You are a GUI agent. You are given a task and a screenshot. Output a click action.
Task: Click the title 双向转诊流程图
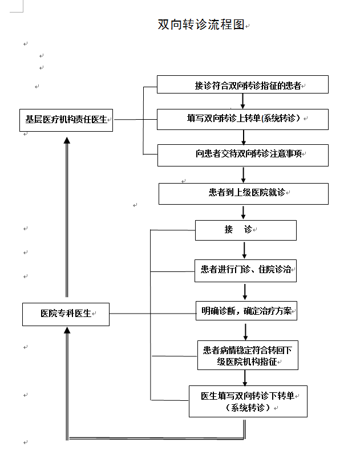[201, 25]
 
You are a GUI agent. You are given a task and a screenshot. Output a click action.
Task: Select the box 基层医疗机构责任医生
[66, 120]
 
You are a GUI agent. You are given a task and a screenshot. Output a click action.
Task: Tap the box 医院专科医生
[66, 314]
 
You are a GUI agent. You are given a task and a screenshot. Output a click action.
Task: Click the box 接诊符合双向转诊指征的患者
[242, 85]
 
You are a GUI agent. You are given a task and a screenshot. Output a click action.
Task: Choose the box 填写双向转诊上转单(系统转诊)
[243, 119]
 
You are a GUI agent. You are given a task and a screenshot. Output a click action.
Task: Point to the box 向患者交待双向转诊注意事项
[243, 155]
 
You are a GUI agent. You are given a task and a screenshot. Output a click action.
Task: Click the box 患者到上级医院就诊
[243, 193]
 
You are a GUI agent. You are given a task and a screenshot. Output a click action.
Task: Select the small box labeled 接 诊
[245, 230]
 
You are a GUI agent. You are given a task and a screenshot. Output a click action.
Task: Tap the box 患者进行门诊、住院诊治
[245, 270]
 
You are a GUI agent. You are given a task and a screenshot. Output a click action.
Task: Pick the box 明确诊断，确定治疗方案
[246, 311]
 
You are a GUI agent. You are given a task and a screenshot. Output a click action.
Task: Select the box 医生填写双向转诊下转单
[248, 401]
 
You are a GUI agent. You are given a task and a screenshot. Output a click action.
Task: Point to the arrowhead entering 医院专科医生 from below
[67, 330]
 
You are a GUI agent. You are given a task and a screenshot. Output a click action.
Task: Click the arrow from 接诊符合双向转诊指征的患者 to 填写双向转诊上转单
[243, 101]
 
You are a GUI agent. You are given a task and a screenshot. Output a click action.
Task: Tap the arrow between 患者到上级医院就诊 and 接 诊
[244, 213]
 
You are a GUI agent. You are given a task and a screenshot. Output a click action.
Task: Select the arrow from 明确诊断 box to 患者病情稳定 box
[245, 331]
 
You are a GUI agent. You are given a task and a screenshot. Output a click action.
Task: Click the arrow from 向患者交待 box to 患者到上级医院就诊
[244, 174]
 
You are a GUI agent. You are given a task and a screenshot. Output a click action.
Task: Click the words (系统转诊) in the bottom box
[248, 408]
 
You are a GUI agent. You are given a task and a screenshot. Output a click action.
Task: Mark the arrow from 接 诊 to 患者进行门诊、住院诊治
[245, 250]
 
